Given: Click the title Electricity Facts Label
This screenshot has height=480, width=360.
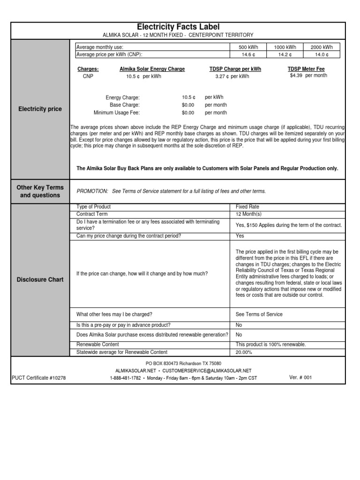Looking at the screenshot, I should point(178,27).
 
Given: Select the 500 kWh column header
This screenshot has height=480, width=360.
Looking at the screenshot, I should point(247,47).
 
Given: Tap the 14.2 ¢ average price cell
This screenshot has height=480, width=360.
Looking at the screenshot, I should point(284,54).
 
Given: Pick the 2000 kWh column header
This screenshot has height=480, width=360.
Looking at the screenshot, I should point(322,47).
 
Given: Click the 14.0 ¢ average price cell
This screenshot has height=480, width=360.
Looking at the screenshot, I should point(322,54).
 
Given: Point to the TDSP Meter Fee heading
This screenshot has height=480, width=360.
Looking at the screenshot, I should point(306,69).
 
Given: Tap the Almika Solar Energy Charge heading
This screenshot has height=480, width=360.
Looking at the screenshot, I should point(152,69).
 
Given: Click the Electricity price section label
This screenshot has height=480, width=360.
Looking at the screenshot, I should point(40,109).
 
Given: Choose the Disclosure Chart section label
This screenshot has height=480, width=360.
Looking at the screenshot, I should point(40,280).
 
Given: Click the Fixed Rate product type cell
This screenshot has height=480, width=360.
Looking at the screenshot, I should point(247,207).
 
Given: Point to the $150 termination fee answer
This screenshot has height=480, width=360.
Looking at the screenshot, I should point(289,225).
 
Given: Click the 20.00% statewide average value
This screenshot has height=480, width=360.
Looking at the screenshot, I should point(244,352).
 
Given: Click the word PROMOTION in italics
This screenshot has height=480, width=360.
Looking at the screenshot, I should point(92,191).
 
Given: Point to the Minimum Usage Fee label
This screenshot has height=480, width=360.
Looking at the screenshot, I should point(116,113).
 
